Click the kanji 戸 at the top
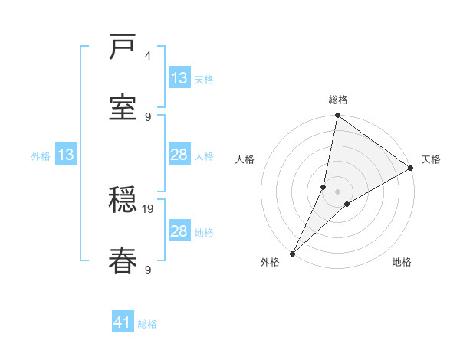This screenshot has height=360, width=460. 123,47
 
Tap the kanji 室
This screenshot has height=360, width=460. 123,107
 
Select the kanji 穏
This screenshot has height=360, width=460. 123,201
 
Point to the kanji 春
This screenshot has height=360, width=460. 123,260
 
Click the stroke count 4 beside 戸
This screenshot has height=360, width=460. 148,56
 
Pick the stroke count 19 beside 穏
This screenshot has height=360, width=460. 149,208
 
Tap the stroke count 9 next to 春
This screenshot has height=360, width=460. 148,269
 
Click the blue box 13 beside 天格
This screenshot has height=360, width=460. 179,78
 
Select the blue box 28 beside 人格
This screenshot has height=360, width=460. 179,155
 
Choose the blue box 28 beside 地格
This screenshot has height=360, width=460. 179,231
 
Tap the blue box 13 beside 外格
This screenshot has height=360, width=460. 66,155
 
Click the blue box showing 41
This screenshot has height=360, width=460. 122,322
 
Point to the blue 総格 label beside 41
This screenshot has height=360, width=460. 147,324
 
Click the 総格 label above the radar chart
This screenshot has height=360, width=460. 338,100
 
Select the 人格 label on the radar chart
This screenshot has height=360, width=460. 245,159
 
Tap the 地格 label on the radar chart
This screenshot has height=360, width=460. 402,263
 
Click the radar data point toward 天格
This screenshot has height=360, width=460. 411,169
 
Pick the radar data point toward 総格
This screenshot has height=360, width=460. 337,116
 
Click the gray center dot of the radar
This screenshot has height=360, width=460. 337,191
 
